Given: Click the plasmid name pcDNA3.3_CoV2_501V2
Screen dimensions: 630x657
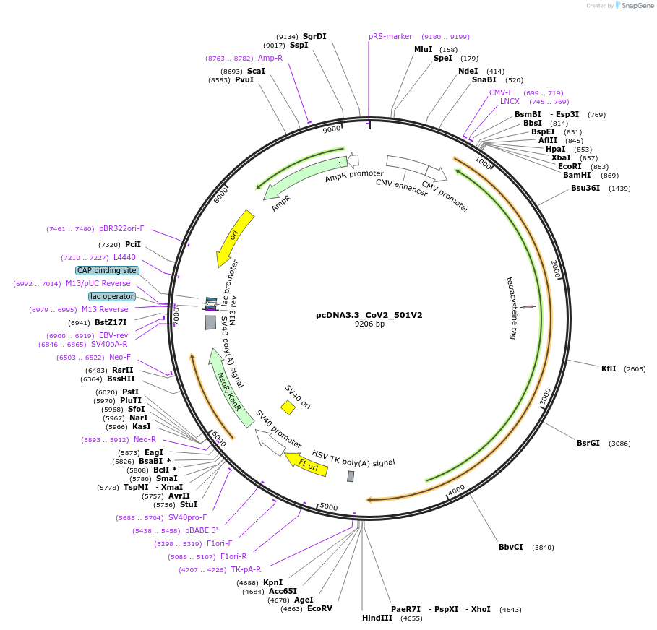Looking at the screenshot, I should click(x=369, y=315).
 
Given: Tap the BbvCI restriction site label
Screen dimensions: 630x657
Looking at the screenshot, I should click(x=510, y=547).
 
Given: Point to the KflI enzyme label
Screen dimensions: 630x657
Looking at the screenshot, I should click(x=609, y=368).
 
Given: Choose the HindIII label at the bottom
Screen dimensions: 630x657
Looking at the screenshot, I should click(x=377, y=618).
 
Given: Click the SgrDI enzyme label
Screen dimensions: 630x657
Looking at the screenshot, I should click(x=314, y=36).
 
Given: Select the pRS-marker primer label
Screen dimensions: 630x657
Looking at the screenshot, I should click(x=390, y=36).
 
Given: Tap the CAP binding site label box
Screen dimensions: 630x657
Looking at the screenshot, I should click(x=107, y=270).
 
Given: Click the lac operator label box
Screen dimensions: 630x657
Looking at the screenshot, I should click(x=112, y=296).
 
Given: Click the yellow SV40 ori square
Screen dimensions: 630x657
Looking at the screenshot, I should click(x=288, y=407).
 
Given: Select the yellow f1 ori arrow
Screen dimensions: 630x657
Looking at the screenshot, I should click(x=306, y=464).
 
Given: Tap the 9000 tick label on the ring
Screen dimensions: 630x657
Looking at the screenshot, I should click(x=331, y=129).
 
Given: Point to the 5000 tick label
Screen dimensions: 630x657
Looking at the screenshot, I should click(x=329, y=507).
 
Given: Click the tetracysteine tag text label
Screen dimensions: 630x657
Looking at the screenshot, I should click(x=511, y=307).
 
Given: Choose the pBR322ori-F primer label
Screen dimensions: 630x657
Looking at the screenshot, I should click(x=121, y=228).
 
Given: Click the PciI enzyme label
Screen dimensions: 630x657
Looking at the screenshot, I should click(x=133, y=244).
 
